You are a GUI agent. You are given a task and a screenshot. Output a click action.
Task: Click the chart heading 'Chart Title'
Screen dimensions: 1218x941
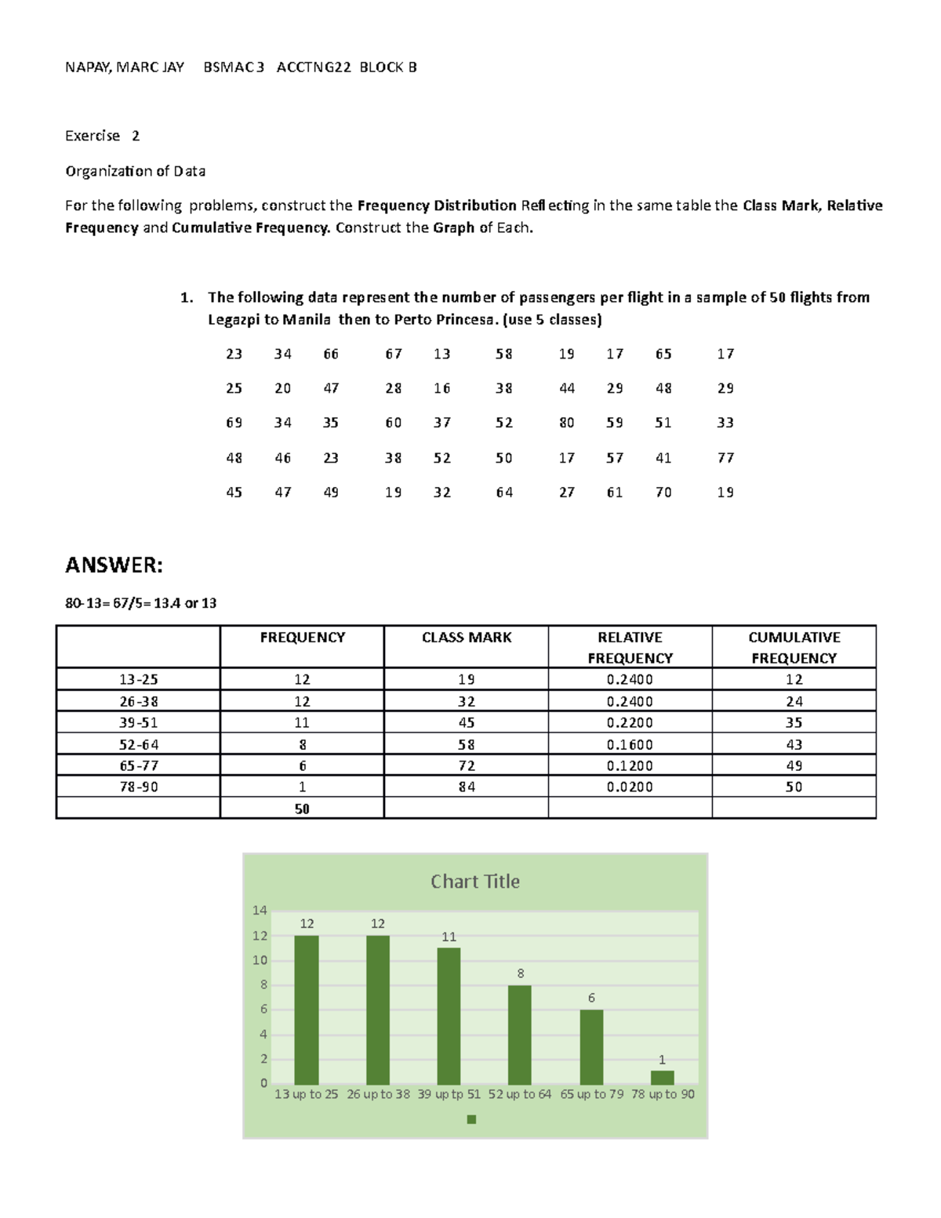coord(474,882)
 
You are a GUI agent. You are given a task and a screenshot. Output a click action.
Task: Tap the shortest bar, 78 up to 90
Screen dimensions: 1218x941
coord(662,1078)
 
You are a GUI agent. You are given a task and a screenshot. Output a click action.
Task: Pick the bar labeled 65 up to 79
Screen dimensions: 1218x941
coord(591,1047)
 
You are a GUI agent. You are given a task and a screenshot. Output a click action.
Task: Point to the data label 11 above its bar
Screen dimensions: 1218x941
coord(449,936)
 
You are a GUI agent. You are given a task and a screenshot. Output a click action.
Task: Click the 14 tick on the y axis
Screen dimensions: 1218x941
coord(260,911)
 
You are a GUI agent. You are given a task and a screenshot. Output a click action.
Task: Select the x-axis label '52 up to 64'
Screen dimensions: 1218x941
coord(519,1094)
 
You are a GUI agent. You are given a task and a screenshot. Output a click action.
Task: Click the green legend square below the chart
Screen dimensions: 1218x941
coord(471,1119)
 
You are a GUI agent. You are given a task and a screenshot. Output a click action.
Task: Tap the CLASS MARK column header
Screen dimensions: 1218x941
coord(467,638)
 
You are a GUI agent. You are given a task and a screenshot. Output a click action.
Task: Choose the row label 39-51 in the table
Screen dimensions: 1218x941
coord(139,722)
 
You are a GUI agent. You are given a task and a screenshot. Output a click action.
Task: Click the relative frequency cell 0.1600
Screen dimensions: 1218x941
coord(630,744)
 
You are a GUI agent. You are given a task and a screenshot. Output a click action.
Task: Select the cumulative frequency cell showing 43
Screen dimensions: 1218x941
coord(794,744)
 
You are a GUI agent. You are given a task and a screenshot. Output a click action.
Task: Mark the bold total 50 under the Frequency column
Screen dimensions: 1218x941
coord(302,809)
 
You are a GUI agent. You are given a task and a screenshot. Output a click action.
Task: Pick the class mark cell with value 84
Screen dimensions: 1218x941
coord(467,787)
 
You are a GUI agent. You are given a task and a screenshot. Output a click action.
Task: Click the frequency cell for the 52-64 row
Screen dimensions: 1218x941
coord(302,744)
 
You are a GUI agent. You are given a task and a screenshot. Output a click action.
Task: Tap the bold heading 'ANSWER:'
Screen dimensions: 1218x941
coord(114,565)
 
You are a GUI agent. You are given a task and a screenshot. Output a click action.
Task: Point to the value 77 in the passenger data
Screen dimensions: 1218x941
coord(725,457)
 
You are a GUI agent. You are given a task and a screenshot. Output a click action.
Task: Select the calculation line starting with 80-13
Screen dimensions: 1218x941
coord(140,603)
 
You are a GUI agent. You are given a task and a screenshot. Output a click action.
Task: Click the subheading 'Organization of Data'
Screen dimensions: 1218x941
coord(135,171)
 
